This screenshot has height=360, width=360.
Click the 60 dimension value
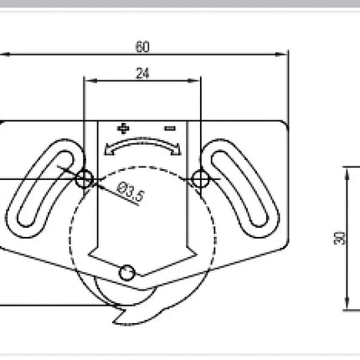click(142, 47)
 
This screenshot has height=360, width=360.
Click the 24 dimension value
click(142, 73)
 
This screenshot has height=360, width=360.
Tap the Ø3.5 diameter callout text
click(130, 192)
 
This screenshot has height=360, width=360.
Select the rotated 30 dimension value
click(340, 238)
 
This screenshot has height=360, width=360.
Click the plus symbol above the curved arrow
click(123, 129)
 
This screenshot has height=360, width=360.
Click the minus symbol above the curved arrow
click(170, 128)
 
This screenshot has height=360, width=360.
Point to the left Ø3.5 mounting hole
click(85, 179)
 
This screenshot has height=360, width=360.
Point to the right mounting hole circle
click(201, 179)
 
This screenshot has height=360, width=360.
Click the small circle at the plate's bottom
click(127, 273)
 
